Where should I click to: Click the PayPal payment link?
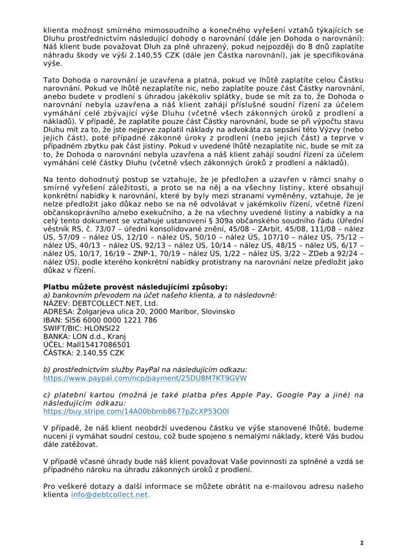click(x=145, y=378)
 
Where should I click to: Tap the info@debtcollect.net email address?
click(x=110, y=495)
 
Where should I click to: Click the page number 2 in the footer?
click(x=361, y=543)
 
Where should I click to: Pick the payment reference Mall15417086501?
click(x=94, y=344)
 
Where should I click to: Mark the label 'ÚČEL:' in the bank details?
click(x=54, y=344)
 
